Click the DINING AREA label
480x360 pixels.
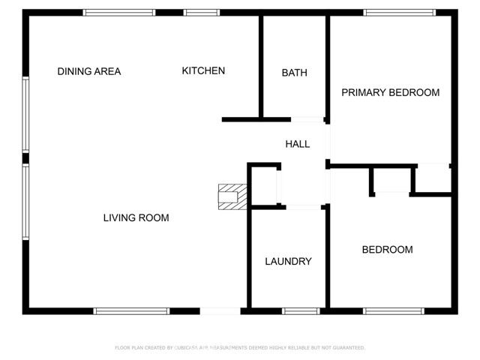point(89,72)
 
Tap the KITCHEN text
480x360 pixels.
point(203,71)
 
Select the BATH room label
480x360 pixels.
point(294,73)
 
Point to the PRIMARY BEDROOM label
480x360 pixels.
point(390,93)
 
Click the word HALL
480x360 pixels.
point(297,144)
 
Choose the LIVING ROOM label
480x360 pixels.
point(136,218)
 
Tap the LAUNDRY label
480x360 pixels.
point(288,262)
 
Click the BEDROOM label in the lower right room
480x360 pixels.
point(387,250)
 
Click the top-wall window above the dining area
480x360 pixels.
point(118,13)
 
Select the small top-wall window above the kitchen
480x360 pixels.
point(202,13)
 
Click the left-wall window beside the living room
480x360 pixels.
point(25,202)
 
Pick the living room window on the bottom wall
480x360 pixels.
point(132,310)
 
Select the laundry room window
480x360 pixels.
point(301,310)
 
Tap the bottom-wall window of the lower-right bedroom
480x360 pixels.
point(394,310)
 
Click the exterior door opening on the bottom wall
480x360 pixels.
point(220,310)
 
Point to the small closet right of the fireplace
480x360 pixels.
point(263,185)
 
